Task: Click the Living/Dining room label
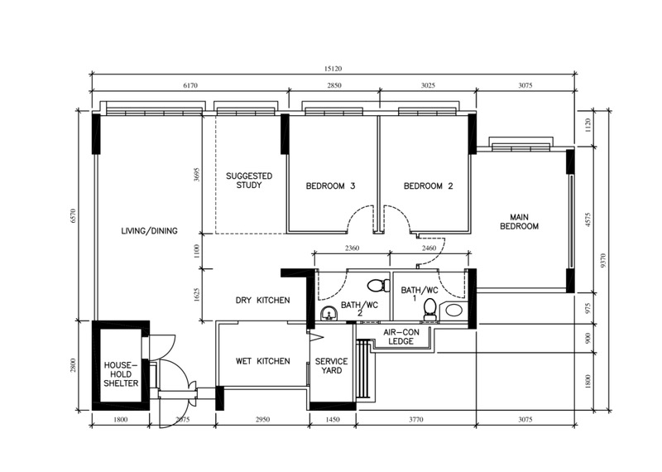(x=149, y=231)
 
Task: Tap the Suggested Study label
(x=249, y=181)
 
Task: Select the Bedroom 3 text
(x=330, y=186)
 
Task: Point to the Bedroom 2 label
(x=428, y=186)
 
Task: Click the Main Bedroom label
(x=520, y=222)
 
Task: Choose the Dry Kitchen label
(x=262, y=300)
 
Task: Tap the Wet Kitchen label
(x=262, y=361)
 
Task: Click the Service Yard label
(x=332, y=366)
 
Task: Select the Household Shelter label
(x=121, y=374)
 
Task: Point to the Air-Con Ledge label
(x=401, y=337)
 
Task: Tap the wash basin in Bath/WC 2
(x=329, y=315)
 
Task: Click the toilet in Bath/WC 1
(x=429, y=309)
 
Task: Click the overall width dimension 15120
(x=333, y=69)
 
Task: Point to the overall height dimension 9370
(x=603, y=260)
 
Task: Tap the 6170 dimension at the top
(x=190, y=85)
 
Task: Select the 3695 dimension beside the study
(x=196, y=175)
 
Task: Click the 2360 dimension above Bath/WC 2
(x=352, y=248)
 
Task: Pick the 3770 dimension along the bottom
(x=416, y=420)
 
